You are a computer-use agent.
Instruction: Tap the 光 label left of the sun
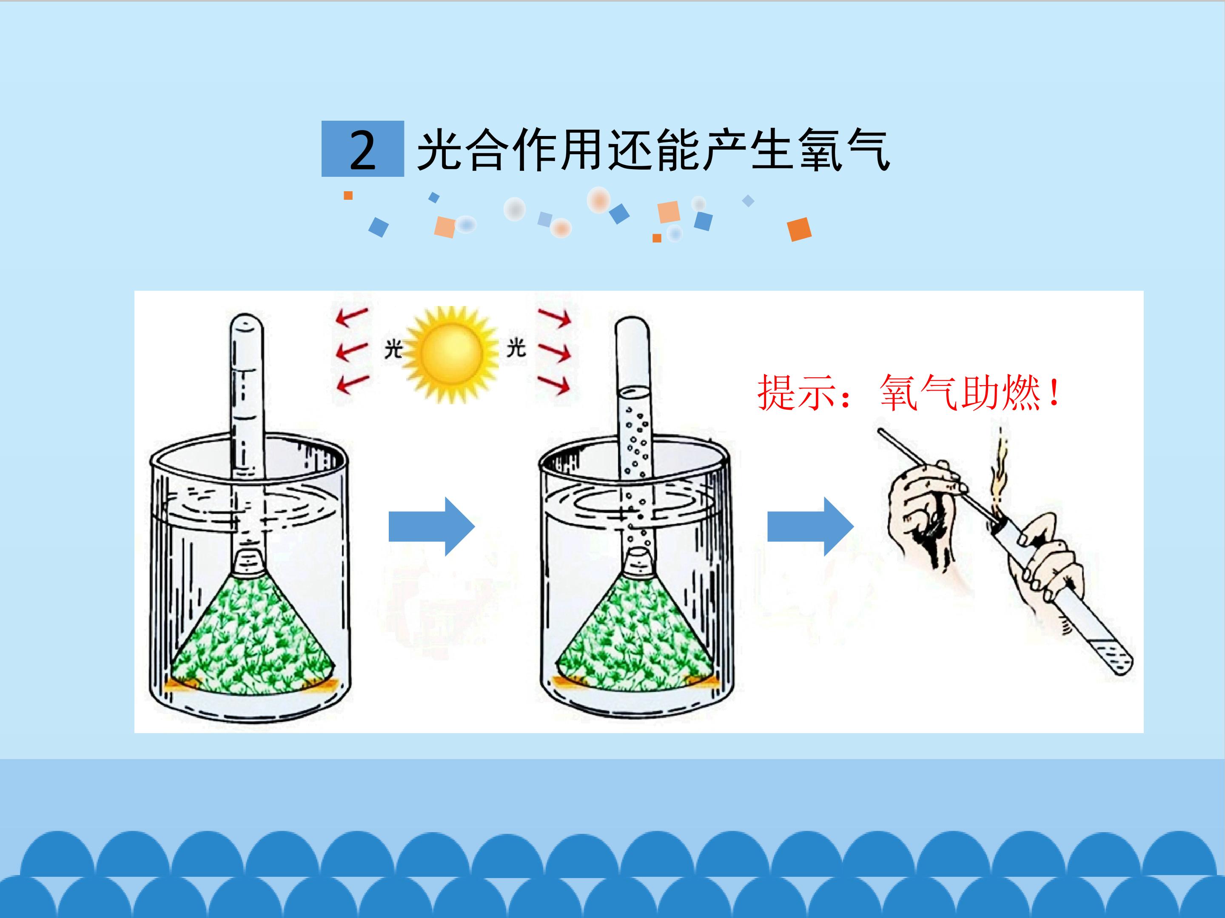(393, 349)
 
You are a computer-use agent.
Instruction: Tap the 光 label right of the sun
(516, 348)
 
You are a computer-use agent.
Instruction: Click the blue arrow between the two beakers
(431, 526)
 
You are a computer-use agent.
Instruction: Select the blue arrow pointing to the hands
(810, 526)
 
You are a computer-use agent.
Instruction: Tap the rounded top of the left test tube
(246, 324)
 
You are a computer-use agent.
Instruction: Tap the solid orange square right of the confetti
(799, 229)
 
